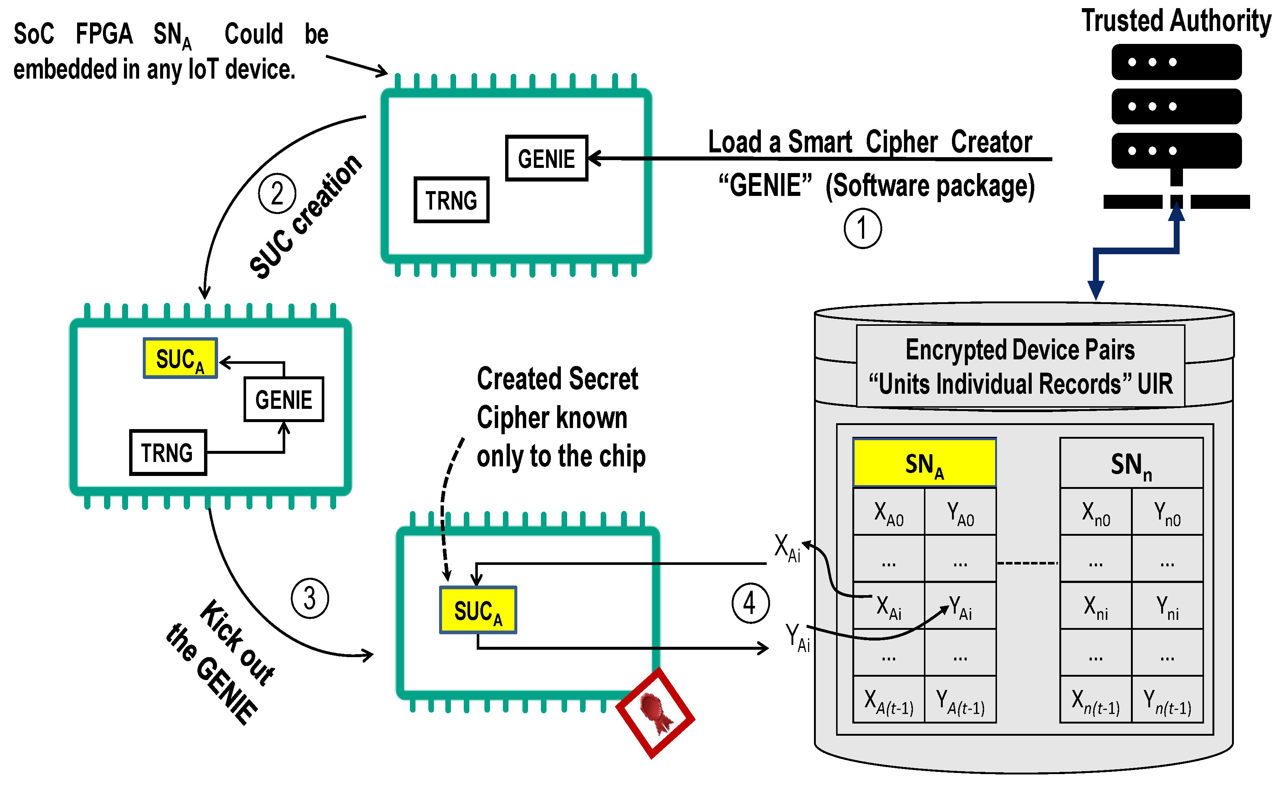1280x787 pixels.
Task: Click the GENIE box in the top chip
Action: pyautogui.click(x=546, y=158)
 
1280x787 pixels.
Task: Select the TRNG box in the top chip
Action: pyautogui.click(x=451, y=200)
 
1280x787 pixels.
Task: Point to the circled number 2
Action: pyautogui.click(x=277, y=193)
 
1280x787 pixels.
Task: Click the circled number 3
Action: pyautogui.click(x=309, y=598)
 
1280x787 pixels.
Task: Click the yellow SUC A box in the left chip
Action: pyautogui.click(x=180, y=358)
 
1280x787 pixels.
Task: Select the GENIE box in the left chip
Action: pyautogui.click(x=284, y=399)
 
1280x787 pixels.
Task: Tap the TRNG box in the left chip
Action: pyautogui.click(x=168, y=452)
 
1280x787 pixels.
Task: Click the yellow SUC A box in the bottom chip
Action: pyautogui.click(x=478, y=610)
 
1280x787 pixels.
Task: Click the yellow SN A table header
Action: pyautogui.click(x=924, y=463)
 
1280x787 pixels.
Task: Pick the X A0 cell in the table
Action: pyautogui.click(x=888, y=512)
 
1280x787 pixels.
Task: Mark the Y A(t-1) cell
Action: pyautogui.click(x=960, y=700)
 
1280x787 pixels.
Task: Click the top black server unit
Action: pyautogui.click(x=1176, y=62)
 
